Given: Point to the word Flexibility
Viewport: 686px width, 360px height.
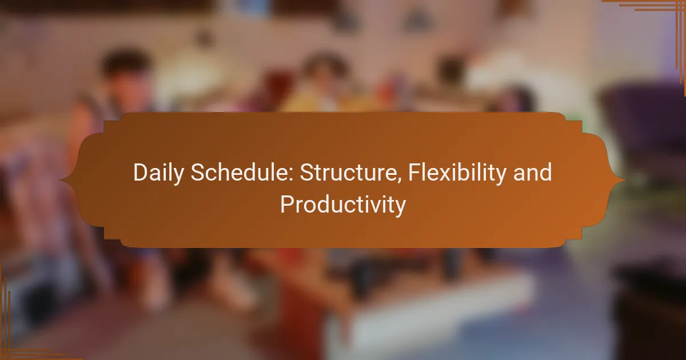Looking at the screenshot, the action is coord(457,173).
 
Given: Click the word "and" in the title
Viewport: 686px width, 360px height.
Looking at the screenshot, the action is coord(533,172).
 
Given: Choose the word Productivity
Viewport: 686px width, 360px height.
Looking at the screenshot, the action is coord(343,205).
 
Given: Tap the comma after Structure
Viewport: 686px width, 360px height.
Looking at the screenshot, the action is coord(399,180).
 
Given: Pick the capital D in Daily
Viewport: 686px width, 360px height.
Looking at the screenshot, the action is coord(140,172).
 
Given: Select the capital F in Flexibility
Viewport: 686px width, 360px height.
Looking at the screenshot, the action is coord(414,172).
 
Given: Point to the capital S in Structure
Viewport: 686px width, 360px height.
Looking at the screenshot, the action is coord(306,172).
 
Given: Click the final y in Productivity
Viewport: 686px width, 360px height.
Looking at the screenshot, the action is coord(400,209).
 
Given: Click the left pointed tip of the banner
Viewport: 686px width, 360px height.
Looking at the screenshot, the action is coord(59,180).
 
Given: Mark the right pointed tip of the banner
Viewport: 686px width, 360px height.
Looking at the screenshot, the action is coord(625,180).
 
